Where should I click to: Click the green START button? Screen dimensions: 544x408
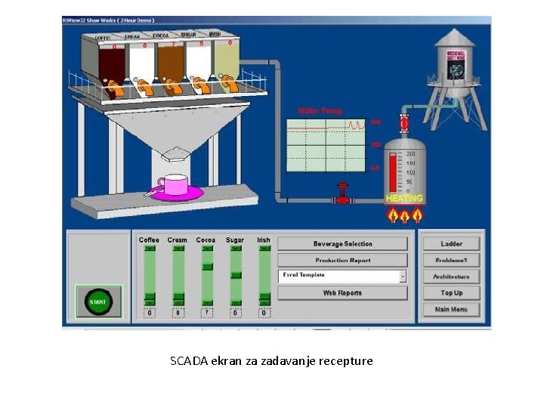[x=98, y=301]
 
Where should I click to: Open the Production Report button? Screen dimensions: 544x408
[x=342, y=260]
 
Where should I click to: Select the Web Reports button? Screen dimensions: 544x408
[x=342, y=293]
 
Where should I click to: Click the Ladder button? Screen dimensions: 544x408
[x=451, y=243]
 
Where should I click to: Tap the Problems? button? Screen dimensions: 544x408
[x=451, y=260]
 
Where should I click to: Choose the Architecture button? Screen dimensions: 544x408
[x=451, y=277]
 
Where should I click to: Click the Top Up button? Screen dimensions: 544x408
[x=451, y=293]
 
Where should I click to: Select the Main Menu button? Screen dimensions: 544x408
[x=451, y=310]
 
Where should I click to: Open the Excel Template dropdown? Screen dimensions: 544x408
[x=403, y=277]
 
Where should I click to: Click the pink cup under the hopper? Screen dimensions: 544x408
[x=175, y=185]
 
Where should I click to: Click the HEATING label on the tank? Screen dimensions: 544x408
[x=404, y=199]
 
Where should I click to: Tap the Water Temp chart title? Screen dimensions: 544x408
[x=320, y=111]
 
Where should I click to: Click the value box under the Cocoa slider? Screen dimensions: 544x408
[x=206, y=313]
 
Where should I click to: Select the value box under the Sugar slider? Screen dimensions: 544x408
[x=235, y=313]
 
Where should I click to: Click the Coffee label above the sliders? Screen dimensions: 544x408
[x=150, y=240]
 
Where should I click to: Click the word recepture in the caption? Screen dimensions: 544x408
[x=346, y=361]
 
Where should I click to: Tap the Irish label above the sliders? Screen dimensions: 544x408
[x=263, y=240]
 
